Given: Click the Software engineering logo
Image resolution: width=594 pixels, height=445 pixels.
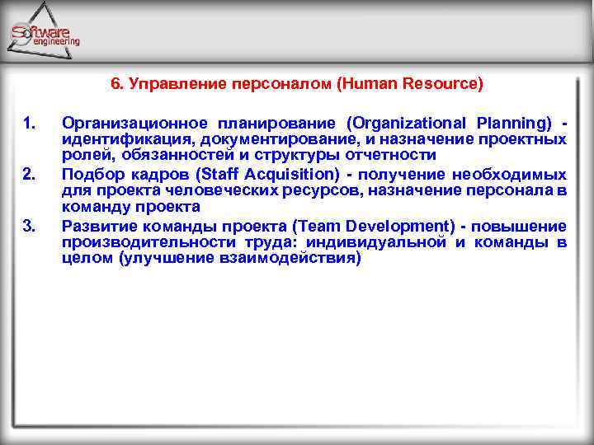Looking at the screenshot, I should [x=45, y=33].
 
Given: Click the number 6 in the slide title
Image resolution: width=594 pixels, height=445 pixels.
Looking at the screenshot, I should [x=115, y=84].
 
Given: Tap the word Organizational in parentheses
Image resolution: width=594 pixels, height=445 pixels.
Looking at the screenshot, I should [x=400, y=124].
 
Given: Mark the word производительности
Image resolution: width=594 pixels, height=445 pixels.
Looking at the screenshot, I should [x=136, y=241].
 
